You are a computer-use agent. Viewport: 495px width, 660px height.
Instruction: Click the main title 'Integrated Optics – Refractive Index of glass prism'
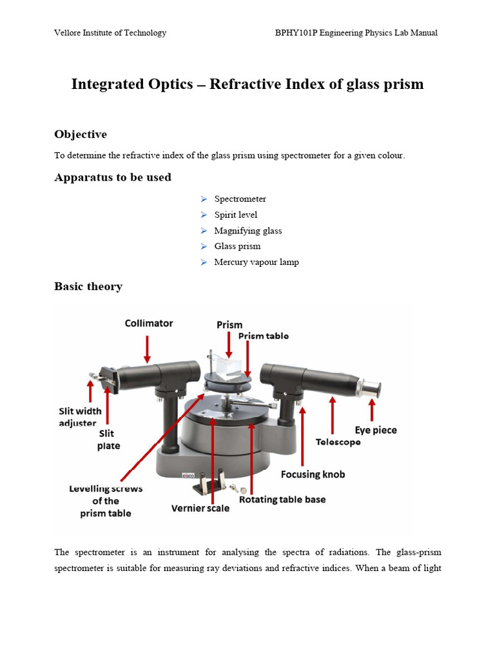pos(247,84)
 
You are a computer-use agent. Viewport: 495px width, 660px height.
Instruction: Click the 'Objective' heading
pos(81,134)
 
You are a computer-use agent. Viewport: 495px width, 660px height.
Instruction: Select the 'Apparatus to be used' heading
pos(113,177)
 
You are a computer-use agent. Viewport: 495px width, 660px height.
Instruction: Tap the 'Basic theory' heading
pos(88,286)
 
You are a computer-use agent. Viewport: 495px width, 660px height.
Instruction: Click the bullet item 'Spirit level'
pos(235,215)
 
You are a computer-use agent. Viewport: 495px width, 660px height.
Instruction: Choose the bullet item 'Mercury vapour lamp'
pos(256,262)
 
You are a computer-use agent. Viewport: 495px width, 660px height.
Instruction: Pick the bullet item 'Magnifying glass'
pos(247,231)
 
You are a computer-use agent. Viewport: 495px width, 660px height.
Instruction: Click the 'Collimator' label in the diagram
pos(149,323)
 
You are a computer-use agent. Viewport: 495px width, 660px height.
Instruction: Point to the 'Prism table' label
pos(264,336)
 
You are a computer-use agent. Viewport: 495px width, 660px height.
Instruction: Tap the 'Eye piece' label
pos(376,430)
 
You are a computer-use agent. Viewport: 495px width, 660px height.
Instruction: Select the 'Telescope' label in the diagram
pos(338,442)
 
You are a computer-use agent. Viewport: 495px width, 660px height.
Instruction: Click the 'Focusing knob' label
pos(313,474)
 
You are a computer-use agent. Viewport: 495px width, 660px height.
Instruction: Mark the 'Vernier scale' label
pos(200,508)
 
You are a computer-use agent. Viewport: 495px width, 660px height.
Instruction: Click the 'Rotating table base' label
pos(282,500)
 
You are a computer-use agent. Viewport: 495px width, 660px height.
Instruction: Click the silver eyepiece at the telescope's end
pos(373,389)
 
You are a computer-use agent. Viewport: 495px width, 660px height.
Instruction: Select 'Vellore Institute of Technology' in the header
pos(110,33)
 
